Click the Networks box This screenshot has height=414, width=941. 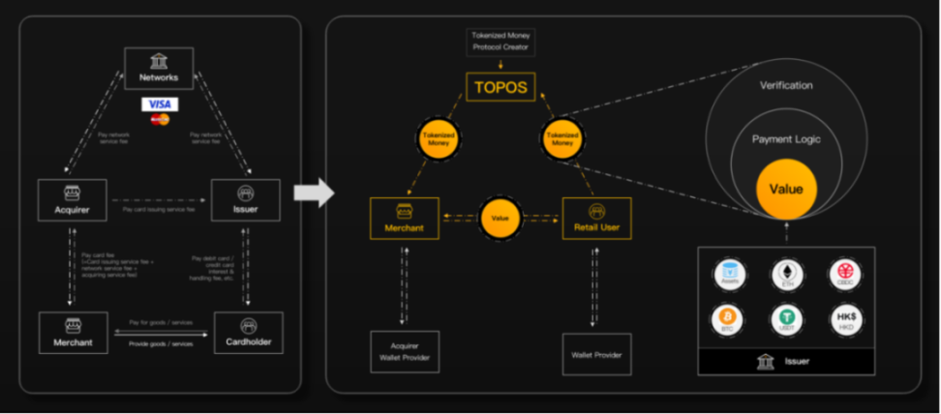point(159,69)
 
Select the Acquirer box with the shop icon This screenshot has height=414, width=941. point(73,199)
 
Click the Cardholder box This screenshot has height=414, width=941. point(248,333)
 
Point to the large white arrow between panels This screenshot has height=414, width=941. point(313,192)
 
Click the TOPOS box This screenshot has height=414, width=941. point(501,88)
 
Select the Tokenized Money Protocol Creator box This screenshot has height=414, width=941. point(501,41)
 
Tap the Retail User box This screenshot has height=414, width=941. point(596,219)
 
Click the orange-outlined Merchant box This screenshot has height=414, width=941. point(405,219)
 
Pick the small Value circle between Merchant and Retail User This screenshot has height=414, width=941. point(501,219)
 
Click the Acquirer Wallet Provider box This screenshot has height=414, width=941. point(405,352)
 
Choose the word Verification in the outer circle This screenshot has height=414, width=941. point(786,85)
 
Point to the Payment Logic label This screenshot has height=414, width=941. point(786,139)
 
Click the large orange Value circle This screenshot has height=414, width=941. point(786,190)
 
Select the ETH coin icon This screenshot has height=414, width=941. point(786,273)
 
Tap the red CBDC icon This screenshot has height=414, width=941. point(846,273)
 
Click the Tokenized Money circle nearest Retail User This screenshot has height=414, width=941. point(561,139)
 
